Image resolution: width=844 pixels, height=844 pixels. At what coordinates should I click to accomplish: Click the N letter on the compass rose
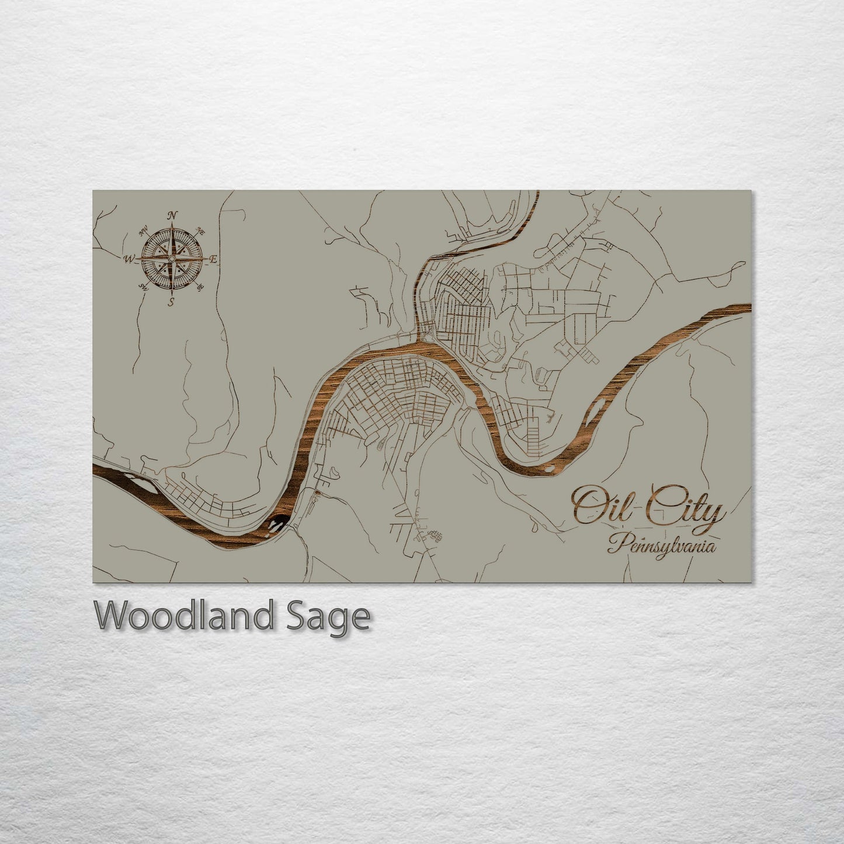172,216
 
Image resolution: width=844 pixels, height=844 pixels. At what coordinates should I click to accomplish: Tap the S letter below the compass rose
171,302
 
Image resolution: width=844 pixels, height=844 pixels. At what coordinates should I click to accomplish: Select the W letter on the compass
128,258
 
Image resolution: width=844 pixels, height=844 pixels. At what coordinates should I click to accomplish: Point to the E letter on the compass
214,259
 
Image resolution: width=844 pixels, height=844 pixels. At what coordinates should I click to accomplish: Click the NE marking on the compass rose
202,230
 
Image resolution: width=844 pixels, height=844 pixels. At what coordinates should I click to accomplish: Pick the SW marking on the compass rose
143,286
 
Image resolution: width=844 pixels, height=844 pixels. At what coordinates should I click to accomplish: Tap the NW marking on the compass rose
142,231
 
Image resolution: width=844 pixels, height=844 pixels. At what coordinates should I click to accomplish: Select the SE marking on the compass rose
201,287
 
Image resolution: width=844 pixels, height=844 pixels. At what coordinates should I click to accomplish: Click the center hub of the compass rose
172,259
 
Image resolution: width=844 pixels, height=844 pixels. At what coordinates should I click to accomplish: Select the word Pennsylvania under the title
662,546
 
